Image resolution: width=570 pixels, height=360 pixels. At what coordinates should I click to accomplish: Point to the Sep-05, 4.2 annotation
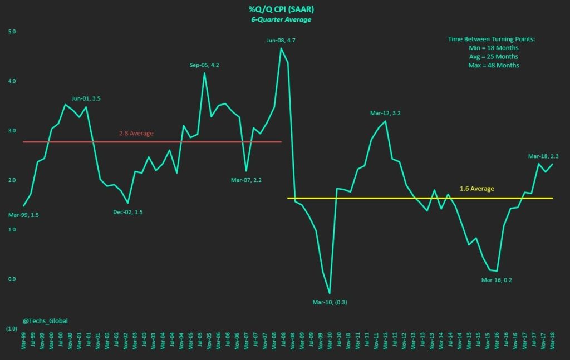tap(204, 65)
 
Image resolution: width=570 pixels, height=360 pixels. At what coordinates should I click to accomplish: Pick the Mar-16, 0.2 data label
tap(497, 280)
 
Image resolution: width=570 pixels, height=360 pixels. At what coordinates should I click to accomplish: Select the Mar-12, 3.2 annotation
tap(386, 113)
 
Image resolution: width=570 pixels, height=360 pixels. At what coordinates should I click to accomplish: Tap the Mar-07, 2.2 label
tap(245, 180)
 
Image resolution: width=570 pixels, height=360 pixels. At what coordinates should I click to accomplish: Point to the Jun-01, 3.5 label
tap(86, 98)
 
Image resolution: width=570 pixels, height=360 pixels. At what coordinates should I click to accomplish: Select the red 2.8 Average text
tap(136, 134)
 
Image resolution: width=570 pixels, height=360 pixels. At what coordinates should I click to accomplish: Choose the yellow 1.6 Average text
tap(477, 189)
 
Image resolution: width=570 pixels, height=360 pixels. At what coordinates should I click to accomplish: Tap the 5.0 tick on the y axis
tap(12, 32)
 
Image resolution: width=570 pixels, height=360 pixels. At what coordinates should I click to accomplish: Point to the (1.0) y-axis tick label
tap(11, 329)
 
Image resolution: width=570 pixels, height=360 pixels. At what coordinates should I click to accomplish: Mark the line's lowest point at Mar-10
tap(330, 293)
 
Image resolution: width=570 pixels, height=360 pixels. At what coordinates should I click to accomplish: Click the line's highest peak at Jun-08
tap(281, 48)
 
